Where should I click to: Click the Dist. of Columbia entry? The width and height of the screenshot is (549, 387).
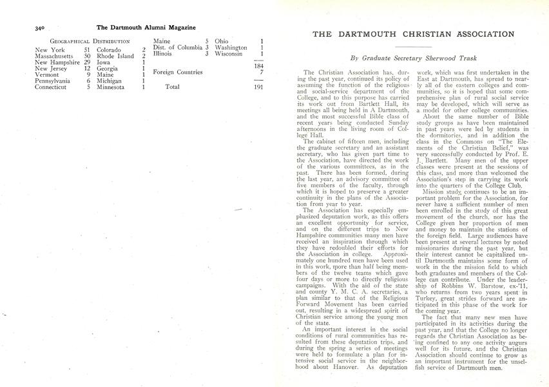pos(173,48)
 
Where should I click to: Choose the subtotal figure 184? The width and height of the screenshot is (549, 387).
pos(258,66)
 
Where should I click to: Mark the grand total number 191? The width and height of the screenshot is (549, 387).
pos(258,86)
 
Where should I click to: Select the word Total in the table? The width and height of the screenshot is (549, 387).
pos(172,86)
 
